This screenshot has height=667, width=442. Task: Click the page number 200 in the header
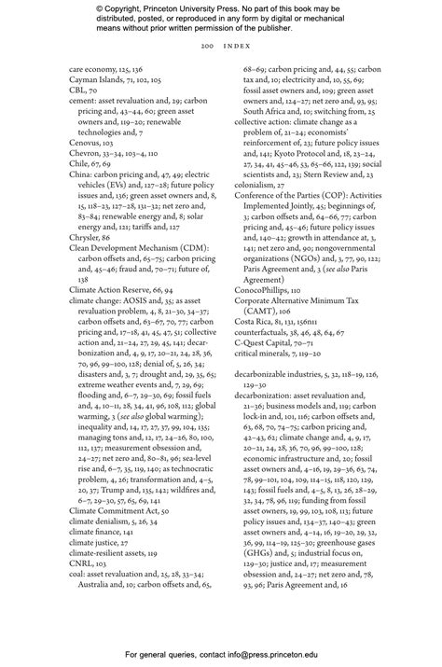click(x=204, y=47)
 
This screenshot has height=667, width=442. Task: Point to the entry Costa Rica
click(x=253, y=311)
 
